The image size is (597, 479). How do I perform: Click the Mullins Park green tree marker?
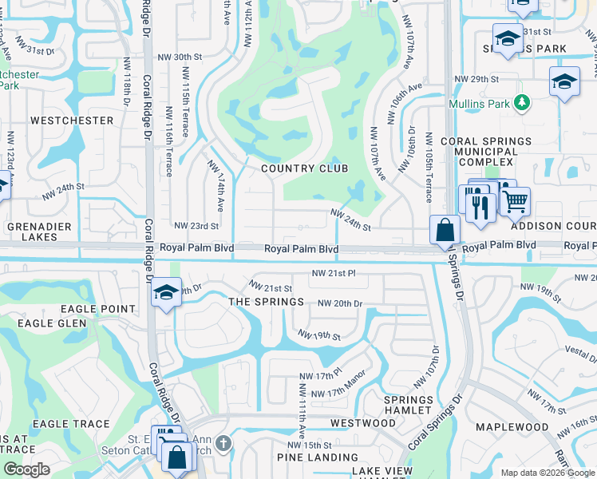click(x=522, y=102)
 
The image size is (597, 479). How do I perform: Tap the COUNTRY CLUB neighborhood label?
click(x=305, y=168)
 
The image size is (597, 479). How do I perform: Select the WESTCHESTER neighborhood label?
click(x=72, y=121)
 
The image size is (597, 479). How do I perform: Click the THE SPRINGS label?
click(x=267, y=302)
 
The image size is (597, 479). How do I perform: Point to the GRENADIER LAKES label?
click(x=33, y=232)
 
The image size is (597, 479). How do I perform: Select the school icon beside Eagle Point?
click(x=166, y=294)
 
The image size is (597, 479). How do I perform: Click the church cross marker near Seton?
click(x=223, y=442)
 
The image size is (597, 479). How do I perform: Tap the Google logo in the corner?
click(x=26, y=469)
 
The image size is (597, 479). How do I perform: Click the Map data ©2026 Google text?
click(x=547, y=473)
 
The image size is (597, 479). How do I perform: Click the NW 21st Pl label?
click(x=334, y=273)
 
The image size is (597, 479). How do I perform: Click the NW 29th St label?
click(x=476, y=80)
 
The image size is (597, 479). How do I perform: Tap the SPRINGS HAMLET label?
click(x=409, y=405)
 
